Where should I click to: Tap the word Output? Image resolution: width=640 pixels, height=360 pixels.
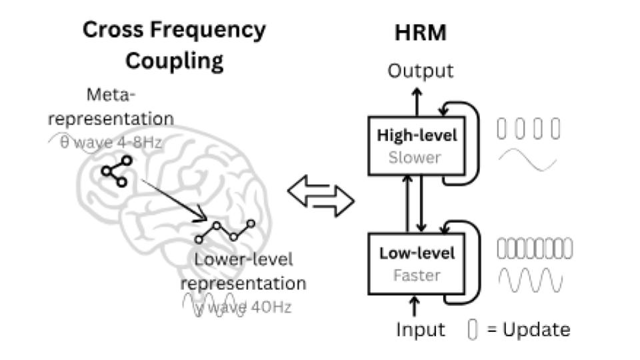[x=421, y=71]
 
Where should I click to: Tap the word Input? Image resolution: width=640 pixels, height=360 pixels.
[x=421, y=329]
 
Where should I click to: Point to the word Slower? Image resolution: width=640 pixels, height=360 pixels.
[x=417, y=157]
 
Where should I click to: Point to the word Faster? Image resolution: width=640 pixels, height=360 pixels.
[x=417, y=275]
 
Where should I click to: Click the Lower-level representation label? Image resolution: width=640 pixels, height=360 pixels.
[x=243, y=271]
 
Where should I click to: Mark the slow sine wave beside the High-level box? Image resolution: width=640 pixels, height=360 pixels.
[x=527, y=160]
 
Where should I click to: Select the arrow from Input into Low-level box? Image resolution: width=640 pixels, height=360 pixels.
[x=416, y=306]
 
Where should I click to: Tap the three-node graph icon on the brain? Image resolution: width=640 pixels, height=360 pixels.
[x=117, y=171]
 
